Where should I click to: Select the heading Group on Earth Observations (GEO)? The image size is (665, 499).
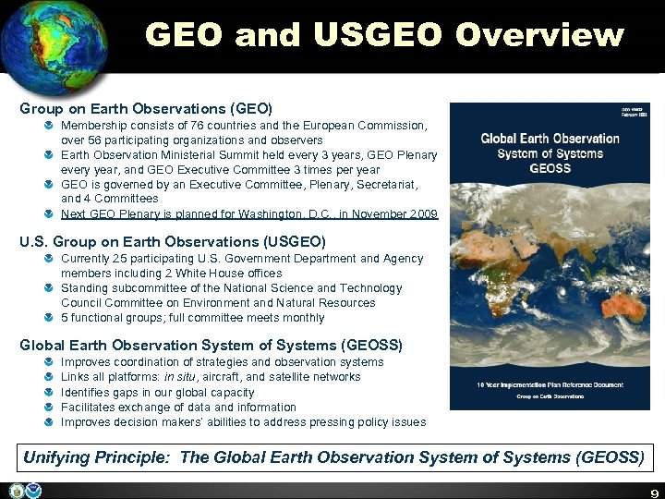(146, 107)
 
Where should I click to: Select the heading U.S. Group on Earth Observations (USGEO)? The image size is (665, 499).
(173, 241)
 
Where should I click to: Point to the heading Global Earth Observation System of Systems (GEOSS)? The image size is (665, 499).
(212, 345)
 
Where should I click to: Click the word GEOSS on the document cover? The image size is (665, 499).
(550, 168)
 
